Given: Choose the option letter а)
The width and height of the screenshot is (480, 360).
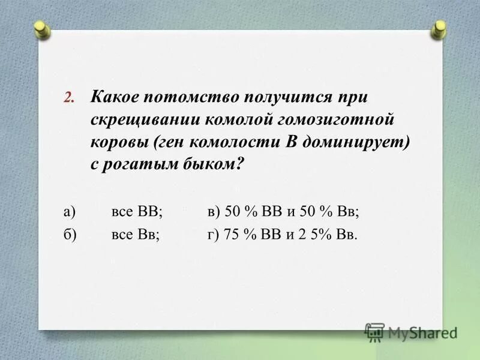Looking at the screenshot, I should tap(68, 211).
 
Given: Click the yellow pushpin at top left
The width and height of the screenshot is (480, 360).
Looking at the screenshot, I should tap(41, 29).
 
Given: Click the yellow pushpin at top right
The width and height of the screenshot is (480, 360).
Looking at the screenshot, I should tap(439, 28).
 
